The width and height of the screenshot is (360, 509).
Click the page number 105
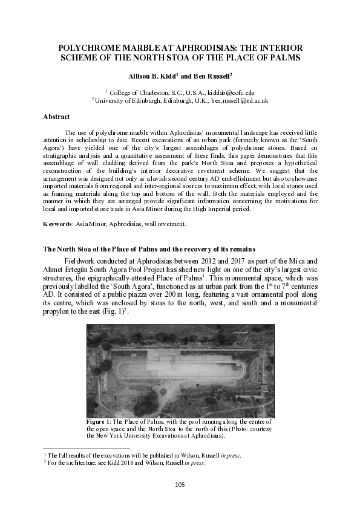(180, 484)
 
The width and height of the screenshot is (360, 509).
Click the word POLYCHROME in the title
(87, 47)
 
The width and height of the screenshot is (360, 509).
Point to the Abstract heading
(56, 116)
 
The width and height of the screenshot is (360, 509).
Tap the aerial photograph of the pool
(180, 370)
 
